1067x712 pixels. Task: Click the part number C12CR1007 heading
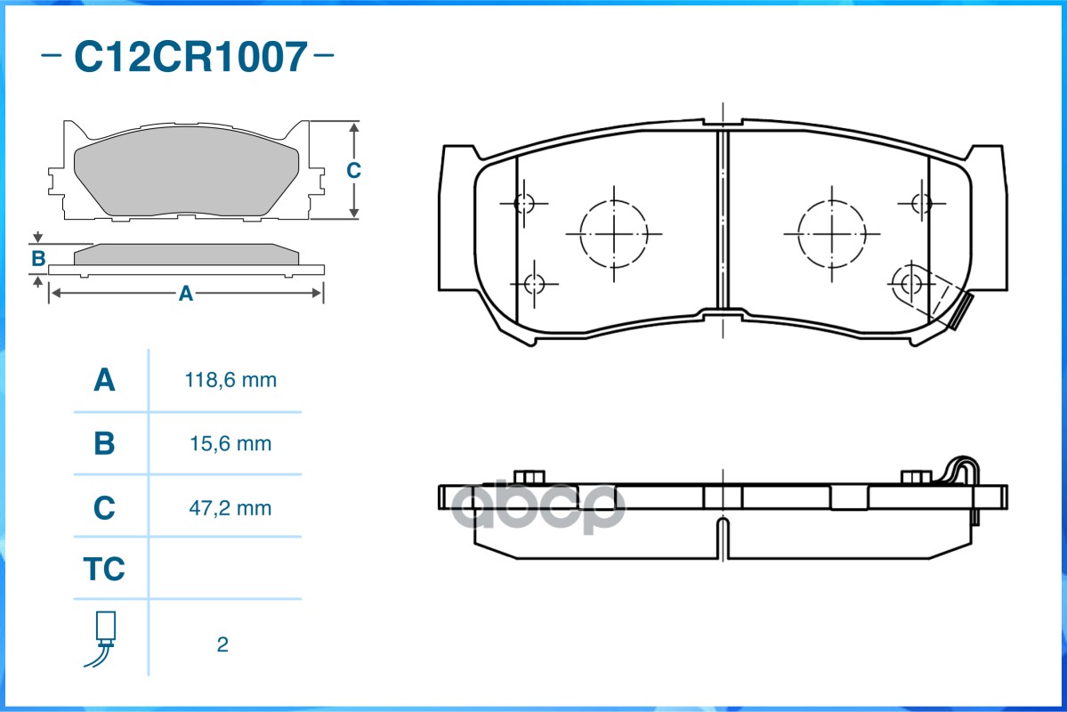190,56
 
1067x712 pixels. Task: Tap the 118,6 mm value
230,380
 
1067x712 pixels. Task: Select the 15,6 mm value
230,444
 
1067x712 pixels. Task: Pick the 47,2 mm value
230,508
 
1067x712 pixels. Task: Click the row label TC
104,569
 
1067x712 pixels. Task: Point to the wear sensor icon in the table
102,638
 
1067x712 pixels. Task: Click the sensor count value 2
222,644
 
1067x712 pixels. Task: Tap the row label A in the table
104,380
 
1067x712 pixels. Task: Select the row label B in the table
104,444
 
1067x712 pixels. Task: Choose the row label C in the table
104,508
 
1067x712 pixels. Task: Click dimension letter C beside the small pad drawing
353,170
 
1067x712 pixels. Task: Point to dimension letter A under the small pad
185,294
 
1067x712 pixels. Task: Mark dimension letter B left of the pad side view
38,259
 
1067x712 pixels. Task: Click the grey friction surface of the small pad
186,170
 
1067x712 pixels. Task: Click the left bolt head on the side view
529,476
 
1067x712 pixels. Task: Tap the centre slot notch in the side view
723,538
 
